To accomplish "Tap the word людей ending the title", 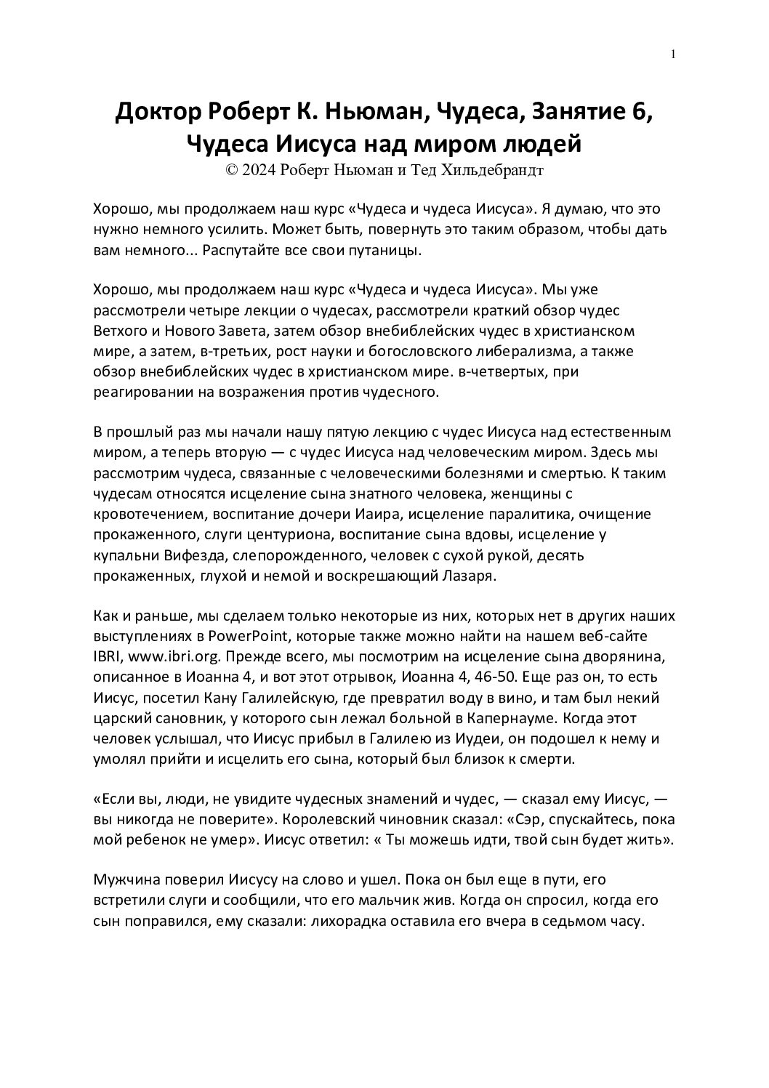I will [541, 144].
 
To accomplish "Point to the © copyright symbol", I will [232, 171].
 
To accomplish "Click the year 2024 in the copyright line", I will [261, 171].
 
